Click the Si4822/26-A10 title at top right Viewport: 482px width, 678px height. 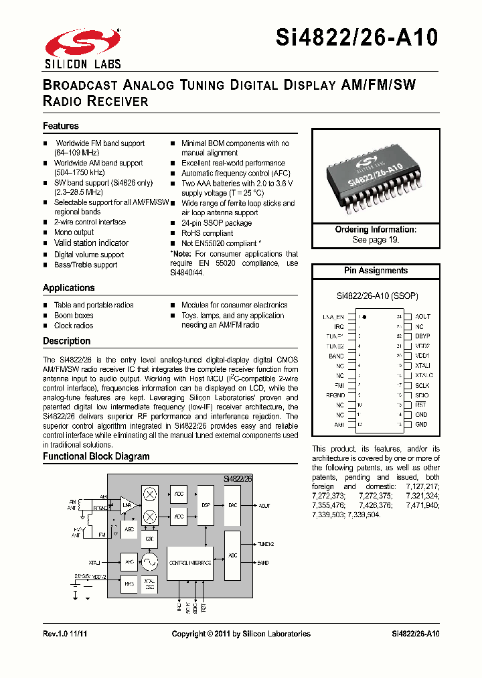click(357, 38)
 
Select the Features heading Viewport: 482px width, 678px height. click(61, 126)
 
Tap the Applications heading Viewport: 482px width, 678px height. click(69, 287)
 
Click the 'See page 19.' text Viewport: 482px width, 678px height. click(376, 239)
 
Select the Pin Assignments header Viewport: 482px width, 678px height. click(376, 271)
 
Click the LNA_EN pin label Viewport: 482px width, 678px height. click(333, 316)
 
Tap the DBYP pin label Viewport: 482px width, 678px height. click(422, 336)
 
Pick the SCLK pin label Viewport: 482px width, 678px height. click(422, 385)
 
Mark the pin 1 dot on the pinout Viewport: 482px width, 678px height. click(366, 316)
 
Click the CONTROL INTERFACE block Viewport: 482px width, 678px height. click(190, 563)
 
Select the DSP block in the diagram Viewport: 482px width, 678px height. click(206, 506)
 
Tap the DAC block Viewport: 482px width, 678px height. click(232, 506)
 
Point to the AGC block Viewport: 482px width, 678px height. click(129, 529)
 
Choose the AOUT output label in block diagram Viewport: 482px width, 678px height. click(264, 506)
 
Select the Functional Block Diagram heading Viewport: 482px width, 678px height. click(96, 456)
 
